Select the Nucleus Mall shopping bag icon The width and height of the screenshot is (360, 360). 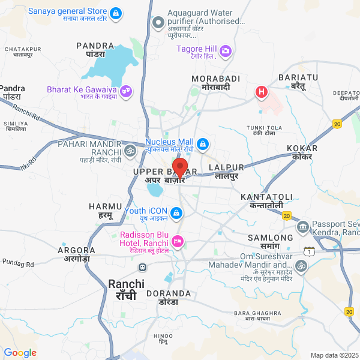203,144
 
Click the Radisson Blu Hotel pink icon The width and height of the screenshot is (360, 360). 178,241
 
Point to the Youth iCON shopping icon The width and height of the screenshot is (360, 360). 176,213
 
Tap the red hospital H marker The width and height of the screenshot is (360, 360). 262,92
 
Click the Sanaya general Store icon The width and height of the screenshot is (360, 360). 116,13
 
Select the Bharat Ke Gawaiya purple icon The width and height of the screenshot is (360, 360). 126,91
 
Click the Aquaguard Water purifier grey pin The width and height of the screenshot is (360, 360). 159,23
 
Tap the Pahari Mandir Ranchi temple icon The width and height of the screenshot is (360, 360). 130,149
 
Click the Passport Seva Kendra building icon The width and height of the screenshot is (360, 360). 303,227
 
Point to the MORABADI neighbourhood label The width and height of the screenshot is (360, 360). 215,79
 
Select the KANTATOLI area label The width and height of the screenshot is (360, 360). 266,197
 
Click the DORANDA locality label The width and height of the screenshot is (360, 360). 171,294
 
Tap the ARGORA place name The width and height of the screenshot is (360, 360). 76,250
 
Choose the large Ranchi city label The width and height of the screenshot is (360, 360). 126,284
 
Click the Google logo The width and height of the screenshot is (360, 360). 20,353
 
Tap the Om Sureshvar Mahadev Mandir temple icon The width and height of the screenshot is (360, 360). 300,265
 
